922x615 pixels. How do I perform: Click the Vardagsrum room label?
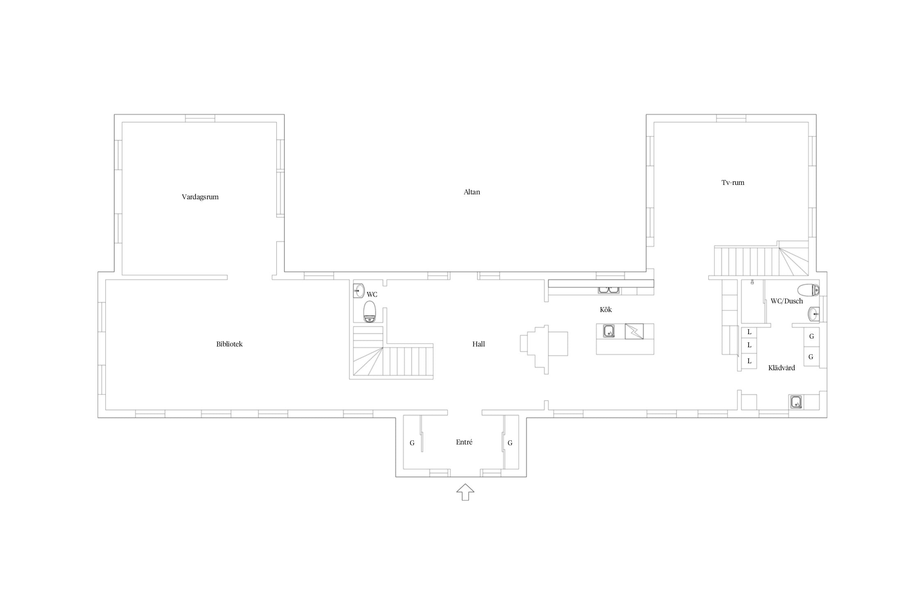[200, 197]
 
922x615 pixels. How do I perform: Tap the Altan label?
[472, 192]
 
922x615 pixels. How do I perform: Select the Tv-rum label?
[733, 182]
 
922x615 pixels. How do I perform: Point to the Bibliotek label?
[229, 344]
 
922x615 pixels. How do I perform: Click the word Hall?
[478, 344]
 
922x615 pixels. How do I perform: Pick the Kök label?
[606, 310]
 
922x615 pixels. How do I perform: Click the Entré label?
[464, 442]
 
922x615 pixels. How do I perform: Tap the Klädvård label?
[781, 368]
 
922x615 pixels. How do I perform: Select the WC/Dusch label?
[786, 301]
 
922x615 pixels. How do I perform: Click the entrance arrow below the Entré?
[465, 492]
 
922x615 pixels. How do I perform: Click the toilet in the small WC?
[370, 312]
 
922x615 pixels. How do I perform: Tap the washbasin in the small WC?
[359, 291]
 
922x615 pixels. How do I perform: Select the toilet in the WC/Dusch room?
[808, 290]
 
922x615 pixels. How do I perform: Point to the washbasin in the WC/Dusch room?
[813, 314]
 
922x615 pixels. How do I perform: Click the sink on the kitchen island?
[609, 331]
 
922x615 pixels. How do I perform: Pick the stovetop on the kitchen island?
[634, 331]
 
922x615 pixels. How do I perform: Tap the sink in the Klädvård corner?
[796, 402]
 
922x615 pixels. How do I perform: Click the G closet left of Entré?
[412, 443]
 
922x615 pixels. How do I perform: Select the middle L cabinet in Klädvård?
[749, 345]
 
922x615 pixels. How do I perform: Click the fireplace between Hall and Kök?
[544, 349]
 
